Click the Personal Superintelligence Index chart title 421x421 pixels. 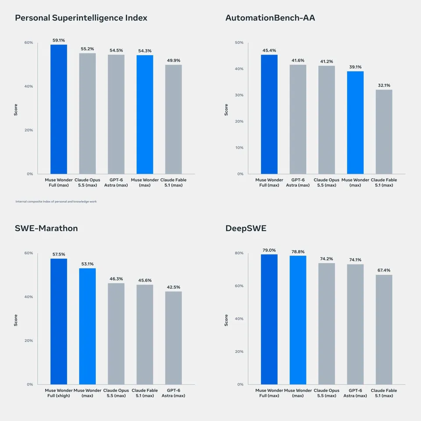point(81,18)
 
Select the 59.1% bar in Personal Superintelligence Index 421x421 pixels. point(59,109)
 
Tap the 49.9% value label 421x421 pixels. point(174,61)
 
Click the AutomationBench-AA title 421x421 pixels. point(270,18)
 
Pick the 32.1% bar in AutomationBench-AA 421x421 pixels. point(384,132)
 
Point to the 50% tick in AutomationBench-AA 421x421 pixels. point(239,43)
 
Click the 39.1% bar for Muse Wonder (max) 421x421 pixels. point(355,123)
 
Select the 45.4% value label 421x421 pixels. point(269,50)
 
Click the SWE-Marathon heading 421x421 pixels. point(46,228)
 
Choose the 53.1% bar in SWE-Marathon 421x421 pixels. point(88,326)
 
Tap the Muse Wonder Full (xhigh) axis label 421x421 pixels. point(59,393)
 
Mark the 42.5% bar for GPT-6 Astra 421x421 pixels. point(174,338)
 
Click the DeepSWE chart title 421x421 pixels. point(246,228)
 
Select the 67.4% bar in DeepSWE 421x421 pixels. point(384,329)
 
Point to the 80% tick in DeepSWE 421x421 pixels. point(239,253)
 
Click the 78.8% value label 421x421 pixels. point(298,252)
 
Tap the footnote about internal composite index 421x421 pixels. point(56,201)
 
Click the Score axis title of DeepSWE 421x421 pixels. point(226,320)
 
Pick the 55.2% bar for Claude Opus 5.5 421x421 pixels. point(88,114)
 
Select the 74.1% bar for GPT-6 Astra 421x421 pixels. point(355,325)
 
